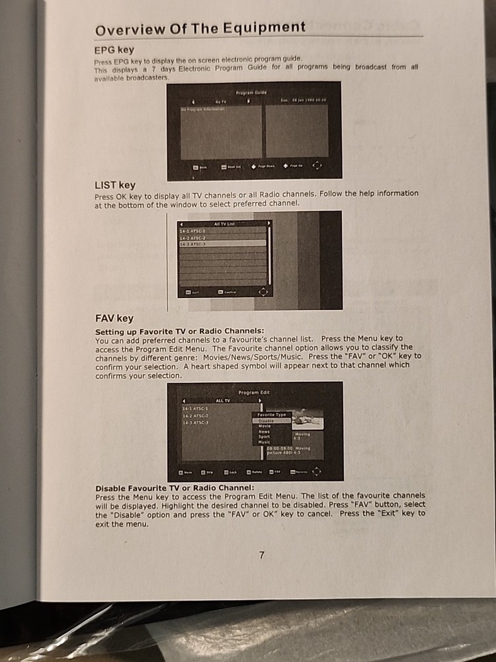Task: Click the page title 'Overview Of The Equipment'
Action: coord(200,28)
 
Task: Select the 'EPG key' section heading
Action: coord(114,50)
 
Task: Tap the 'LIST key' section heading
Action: coord(115,185)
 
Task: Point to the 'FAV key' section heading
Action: coord(114,318)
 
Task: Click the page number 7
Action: coord(262,555)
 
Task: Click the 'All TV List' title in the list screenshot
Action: coord(224,224)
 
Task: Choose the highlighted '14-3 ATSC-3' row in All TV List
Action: coord(222,244)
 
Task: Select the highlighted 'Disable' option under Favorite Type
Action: coord(271,420)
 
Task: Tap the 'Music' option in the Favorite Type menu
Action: coord(265,442)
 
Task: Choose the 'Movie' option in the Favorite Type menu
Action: coord(265,426)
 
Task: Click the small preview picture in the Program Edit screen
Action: coord(308,420)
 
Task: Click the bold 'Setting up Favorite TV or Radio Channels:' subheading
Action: coord(179,330)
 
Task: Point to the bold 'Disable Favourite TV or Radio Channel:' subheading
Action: coord(175,488)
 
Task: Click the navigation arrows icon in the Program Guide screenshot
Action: coord(317,165)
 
